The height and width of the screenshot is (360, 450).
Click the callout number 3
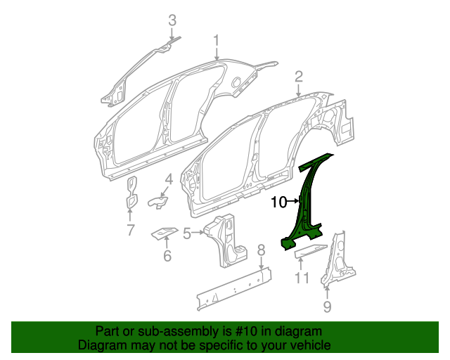click(x=172, y=22)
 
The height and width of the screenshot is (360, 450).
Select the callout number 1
click(x=217, y=40)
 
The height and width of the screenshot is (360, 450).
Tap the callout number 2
click(x=299, y=76)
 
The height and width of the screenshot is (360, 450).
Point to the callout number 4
click(x=169, y=180)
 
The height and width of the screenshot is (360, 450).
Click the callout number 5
click(x=187, y=233)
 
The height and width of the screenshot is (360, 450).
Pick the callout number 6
click(x=167, y=256)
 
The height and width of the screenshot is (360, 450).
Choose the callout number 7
click(x=130, y=229)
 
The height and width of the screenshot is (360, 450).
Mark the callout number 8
click(x=260, y=250)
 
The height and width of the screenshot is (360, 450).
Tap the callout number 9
click(x=327, y=306)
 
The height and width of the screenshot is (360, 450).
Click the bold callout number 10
click(x=278, y=202)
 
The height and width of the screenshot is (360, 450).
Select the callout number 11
click(x=302, y=278)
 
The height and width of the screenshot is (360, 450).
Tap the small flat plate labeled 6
click(x=164, y=231)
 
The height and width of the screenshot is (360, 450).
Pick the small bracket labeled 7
click(x=131, y=193)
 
